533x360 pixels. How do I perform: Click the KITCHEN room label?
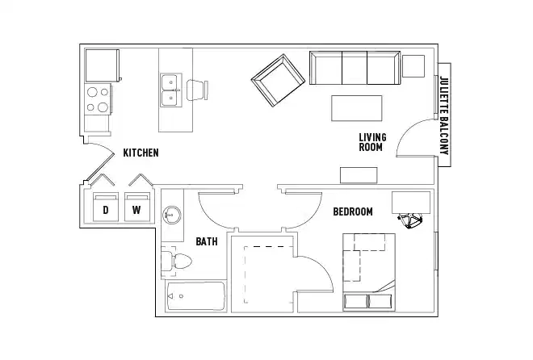click(141, 153)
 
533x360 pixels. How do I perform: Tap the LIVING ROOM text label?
click(372, 142)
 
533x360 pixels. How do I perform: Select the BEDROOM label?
click(353, 211)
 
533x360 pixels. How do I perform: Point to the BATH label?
click(206, 241)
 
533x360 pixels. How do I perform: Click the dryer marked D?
click(105, 208)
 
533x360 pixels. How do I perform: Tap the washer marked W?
click(136, 208)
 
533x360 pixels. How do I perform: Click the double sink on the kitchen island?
click(170, 90)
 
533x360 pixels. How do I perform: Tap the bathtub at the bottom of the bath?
click(195, 296)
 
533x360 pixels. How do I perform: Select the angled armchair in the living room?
click(279, 80)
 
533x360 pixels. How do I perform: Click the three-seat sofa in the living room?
click(354, 68)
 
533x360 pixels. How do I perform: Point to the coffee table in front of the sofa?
click(357, 107)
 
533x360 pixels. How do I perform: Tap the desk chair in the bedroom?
click(412, 220)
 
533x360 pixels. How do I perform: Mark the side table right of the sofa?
click(413, 65)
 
